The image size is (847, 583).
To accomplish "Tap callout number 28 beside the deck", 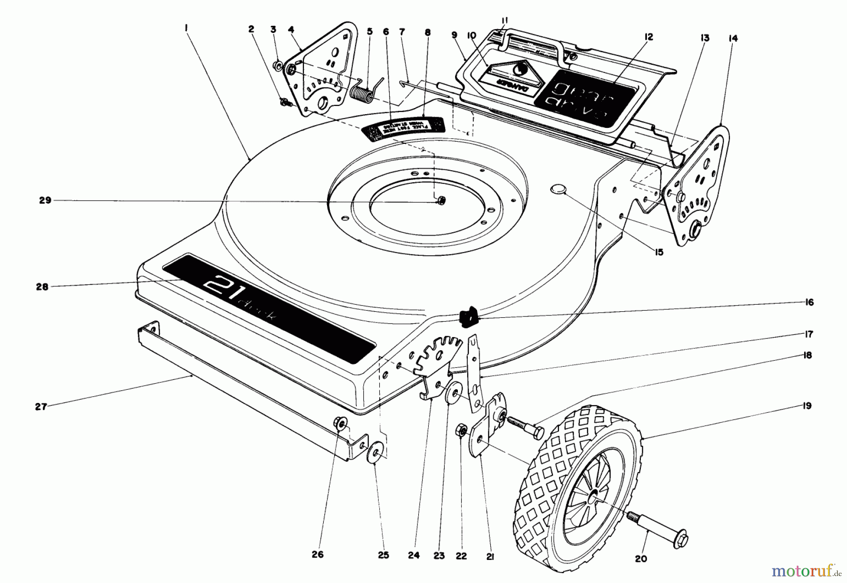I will coord(42,286).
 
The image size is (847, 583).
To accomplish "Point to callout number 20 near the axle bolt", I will coord(641,559).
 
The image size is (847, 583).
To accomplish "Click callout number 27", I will coord(41,406).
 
